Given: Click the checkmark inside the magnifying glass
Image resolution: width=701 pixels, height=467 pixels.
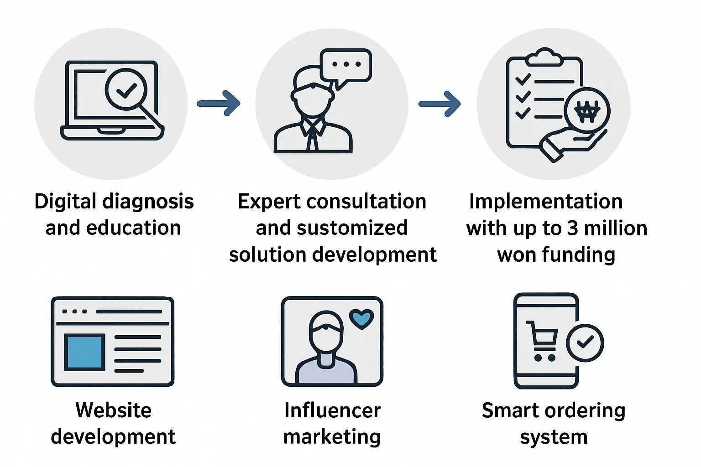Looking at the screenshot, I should click(x=126, y=90).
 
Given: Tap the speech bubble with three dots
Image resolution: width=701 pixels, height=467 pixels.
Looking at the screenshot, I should click(x=346, y=65).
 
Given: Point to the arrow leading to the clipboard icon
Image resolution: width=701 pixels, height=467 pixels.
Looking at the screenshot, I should click(x=439, y=104).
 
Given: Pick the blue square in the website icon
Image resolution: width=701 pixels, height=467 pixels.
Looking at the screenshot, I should click(x=84, y=352).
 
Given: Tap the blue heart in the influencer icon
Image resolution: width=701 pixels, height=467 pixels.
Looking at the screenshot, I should click(x=361, y=319).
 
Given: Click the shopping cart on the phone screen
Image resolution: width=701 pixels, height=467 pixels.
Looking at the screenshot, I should click(x=543, y=340).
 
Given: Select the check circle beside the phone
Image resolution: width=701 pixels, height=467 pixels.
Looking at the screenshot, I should click(x=585, y=343).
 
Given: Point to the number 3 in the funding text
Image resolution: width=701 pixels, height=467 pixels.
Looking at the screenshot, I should click(x=572, y=228).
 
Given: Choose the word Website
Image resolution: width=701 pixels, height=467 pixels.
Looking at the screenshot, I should click(x=113, y=410).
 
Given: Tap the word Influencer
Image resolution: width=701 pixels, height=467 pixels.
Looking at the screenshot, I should click(x=332, y=410).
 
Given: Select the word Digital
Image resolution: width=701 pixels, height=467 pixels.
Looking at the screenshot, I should click(x=65, y=201).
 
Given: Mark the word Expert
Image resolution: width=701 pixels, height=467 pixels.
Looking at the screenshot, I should click(x=268, y=201).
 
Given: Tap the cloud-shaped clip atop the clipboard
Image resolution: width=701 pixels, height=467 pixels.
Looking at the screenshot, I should click(x=544, y=57).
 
